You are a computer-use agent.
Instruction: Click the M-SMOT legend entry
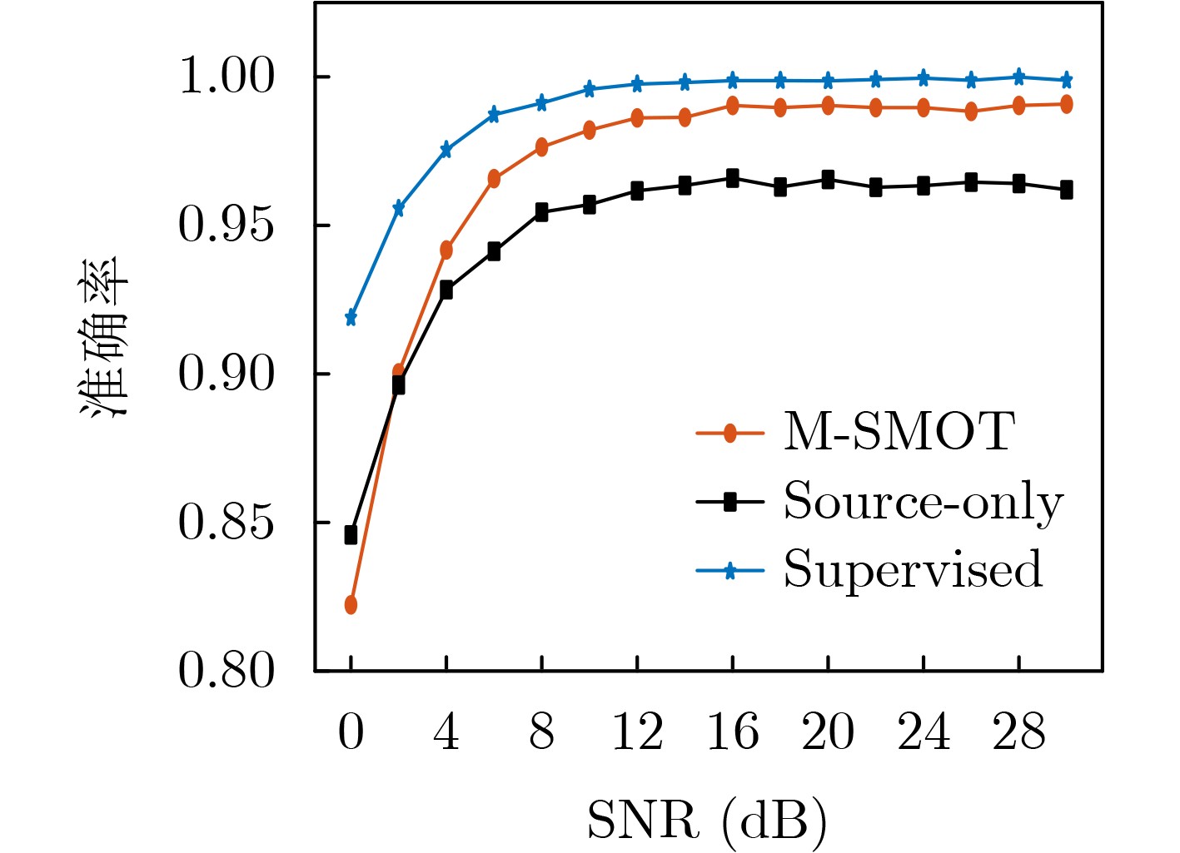click(898, 432)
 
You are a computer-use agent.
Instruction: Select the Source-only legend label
click(923, 502)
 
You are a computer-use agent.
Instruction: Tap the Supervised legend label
click(913, 570)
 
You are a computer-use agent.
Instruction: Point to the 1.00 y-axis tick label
click(227, 77)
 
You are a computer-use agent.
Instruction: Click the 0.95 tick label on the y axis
click(227, 226)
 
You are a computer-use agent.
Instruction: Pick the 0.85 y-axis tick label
click(227, 523)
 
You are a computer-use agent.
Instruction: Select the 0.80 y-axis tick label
click(227, 671)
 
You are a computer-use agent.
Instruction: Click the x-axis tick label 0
click(351, 733)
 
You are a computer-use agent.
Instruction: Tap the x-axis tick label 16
click(732, 733)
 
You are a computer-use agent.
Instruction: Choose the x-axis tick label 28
click(1018, 733)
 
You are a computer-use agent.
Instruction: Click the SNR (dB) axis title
click(707, 821)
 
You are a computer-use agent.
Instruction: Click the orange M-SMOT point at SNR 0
click(351, 605)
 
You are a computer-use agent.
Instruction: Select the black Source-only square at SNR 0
click(351, 535)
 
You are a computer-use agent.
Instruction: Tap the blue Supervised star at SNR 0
click(351, 318)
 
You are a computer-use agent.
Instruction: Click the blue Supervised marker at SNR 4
click(446, 150)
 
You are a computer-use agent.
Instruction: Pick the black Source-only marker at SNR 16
click(732, 178)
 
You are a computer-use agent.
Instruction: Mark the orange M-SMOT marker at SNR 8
click(541, 147)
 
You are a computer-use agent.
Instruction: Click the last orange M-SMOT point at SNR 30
click(1066, 104)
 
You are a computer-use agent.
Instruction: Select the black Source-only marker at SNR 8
click(541, 212)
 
